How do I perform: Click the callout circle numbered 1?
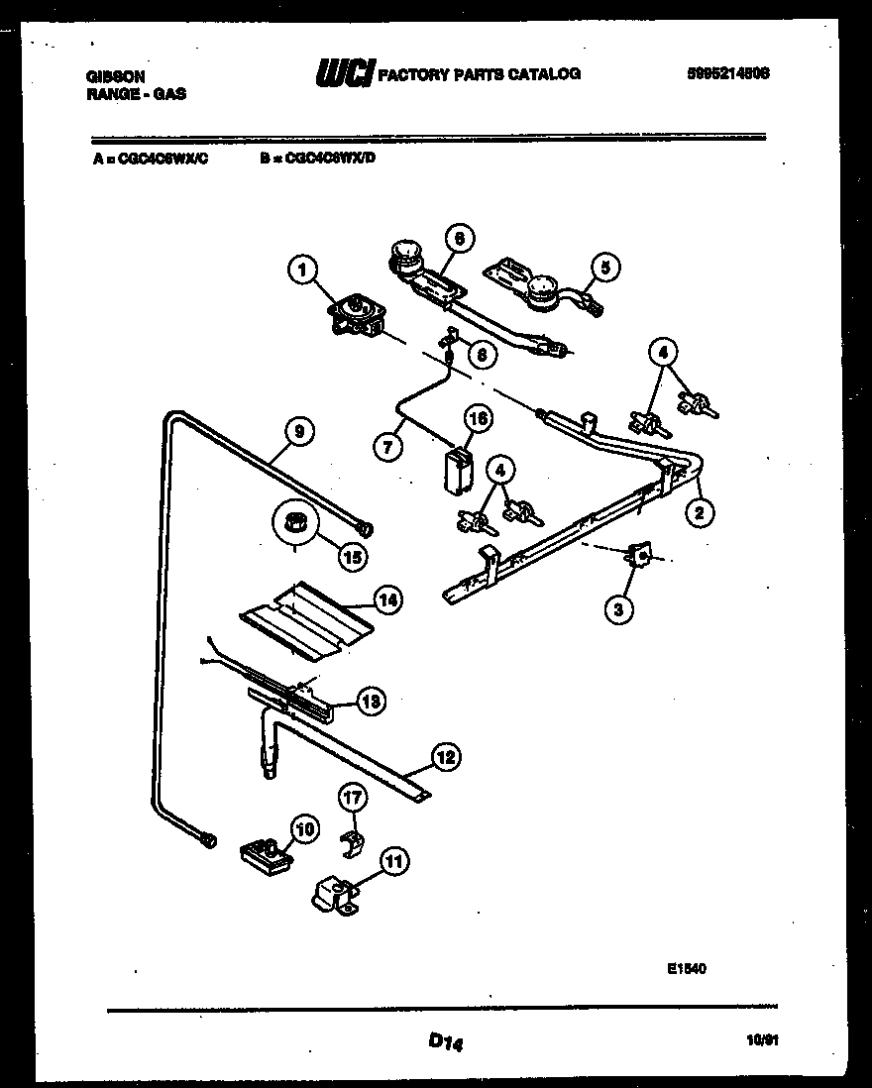pos(304,268)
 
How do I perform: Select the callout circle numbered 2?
pos(700,512)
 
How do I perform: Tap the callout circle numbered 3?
pos(617,609)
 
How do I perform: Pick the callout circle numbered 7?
pos(388,446)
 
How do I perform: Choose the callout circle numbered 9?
pos(298,430)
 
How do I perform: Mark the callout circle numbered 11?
pos(394,862)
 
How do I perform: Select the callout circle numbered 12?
pos(447,759)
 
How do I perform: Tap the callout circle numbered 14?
pos(387,598)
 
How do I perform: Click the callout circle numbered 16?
pos(478,419)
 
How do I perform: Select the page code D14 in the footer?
pos(447,1040)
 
